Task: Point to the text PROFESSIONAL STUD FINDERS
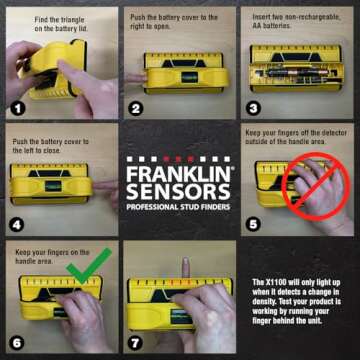pyautogui.click(x=179, y=205)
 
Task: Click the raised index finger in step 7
pyautogui.click(x=183, y=268)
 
